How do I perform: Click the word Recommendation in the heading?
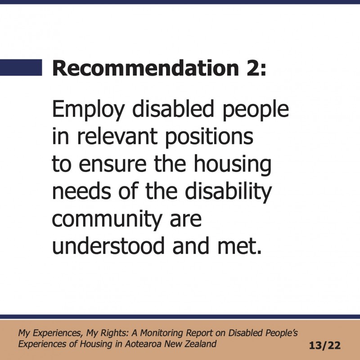[x=145, y=68]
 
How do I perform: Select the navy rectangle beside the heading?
[x=21, y=67]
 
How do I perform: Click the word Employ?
[x=89, y=110]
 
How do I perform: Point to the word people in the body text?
[x=256, y=110]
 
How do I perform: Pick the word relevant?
[x=117, y=136]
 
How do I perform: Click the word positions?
[x=209, y=137]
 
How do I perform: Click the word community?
[x=107, y=220]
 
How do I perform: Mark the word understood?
[x=108, y=245]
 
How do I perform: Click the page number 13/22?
[x=324, y=346]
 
